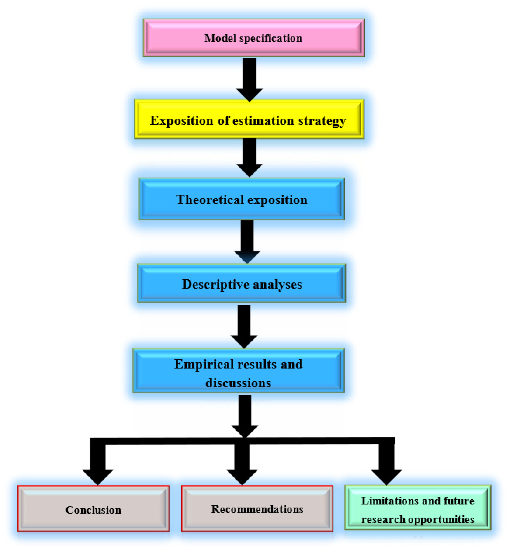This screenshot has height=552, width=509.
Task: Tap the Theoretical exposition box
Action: click(242, 199)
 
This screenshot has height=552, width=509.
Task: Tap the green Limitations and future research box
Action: click(418, 509)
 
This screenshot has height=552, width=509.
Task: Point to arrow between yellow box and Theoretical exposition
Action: click(250, 157)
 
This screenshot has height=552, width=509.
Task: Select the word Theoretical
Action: click(210, 200)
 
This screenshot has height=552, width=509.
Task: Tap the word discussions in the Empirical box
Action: click(238, 383)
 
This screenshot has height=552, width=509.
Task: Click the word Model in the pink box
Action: click(220, 38)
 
